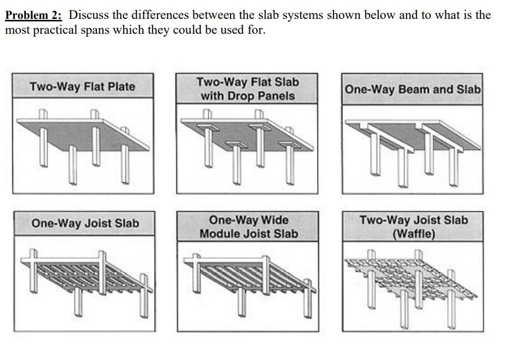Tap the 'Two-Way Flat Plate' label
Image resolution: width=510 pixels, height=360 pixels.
coord(83,87)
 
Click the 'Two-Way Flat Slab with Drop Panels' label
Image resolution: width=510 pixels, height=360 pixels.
coord(248,89)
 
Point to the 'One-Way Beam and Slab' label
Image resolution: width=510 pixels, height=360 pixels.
coord(412,90)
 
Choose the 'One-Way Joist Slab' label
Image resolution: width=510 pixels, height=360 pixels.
coord(85,223)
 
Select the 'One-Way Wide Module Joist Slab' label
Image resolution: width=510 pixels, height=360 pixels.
coord(249,227)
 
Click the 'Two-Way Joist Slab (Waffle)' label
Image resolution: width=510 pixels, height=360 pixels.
coord(414,227)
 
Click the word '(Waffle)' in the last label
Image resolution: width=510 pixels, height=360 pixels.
coord(414,234)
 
